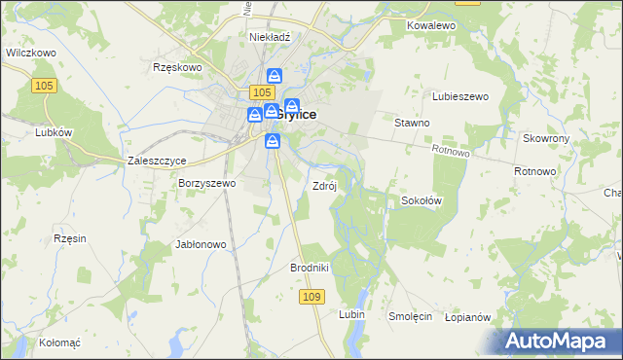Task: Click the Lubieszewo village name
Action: point(459,96)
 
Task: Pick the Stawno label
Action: point(412,124)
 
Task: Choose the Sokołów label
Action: point(422,200)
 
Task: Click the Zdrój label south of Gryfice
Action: point(324,186)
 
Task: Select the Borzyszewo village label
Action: point(206,183)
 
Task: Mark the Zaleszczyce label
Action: point(156,162)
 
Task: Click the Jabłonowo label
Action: point(201,244)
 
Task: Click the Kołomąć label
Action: point(59,342)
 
